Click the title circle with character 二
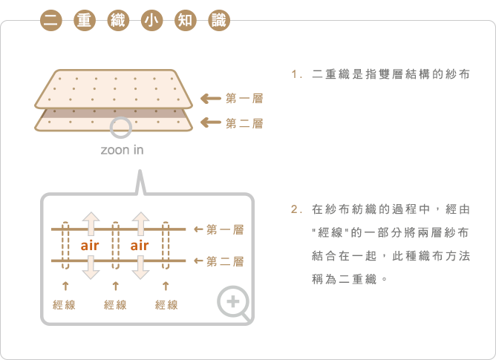pos(51,21)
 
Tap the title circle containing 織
pos(118,21)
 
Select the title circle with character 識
pos(219,21)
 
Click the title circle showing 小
pos(151,21)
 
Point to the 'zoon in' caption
pos(122,150)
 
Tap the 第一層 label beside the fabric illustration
pos(244,99)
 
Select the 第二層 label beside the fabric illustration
pos(244,123)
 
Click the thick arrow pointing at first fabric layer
pos(211,99)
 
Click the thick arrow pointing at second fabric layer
pos(211,122)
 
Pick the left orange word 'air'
pos(90,246)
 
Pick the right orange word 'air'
pos(140,246)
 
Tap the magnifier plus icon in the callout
pos(234,302)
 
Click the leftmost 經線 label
pos(64,305)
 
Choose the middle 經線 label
pos(115,305)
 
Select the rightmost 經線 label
pos(166,305)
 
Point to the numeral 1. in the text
pos(297,75)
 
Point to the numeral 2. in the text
pos(297,209)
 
